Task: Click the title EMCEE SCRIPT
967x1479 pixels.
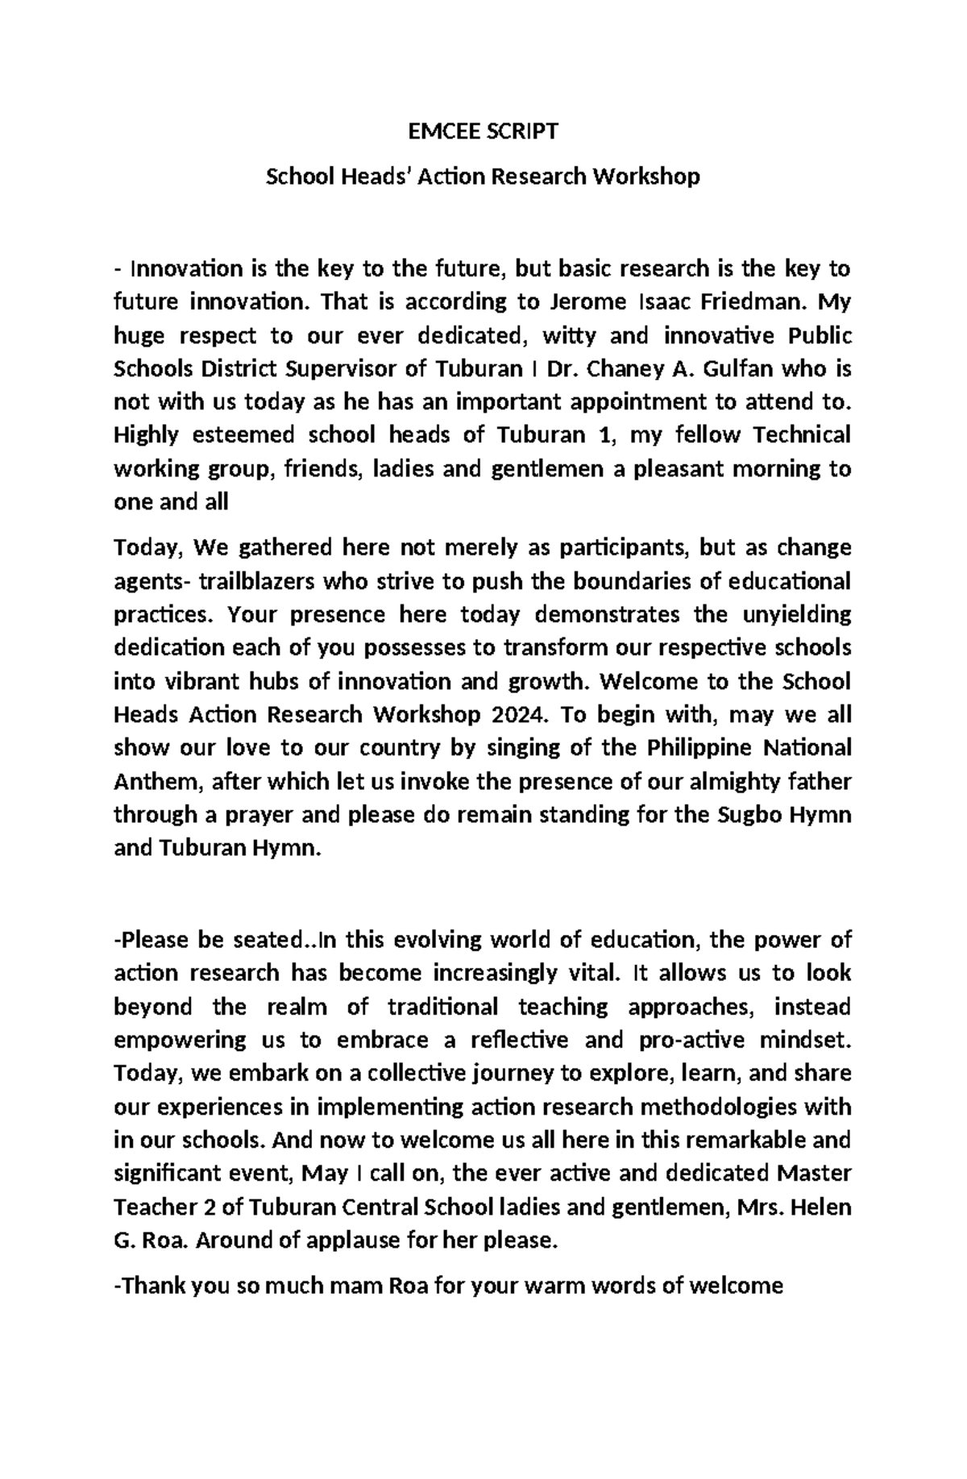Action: pyautogui.click(x=483, y=132)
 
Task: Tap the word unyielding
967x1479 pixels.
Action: pyautogui.click(x=794, y=615)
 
